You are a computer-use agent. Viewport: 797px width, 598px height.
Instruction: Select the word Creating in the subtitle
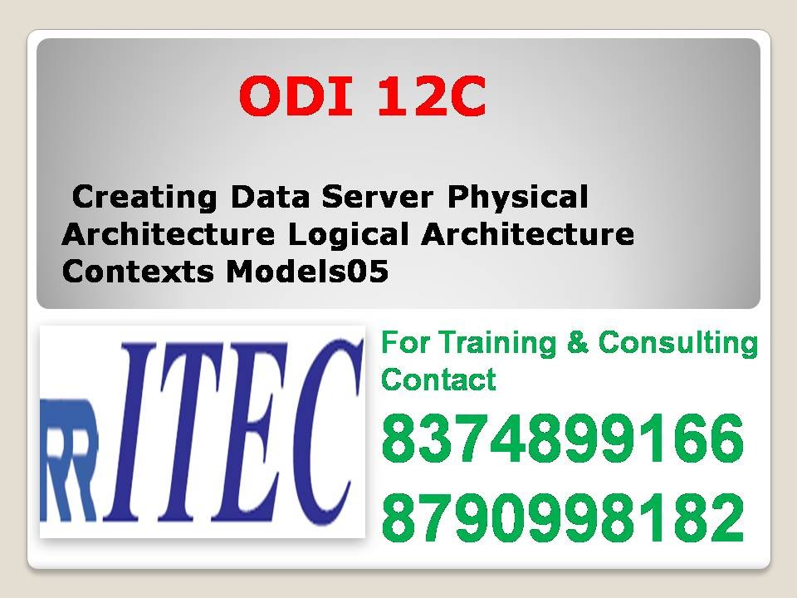coord(145,198)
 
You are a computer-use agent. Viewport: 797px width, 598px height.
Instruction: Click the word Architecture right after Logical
coord(527,235)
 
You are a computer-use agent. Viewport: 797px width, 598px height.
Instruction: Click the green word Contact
coord(438,380)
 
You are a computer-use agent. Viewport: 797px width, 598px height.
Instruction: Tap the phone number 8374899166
coord(562,440)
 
